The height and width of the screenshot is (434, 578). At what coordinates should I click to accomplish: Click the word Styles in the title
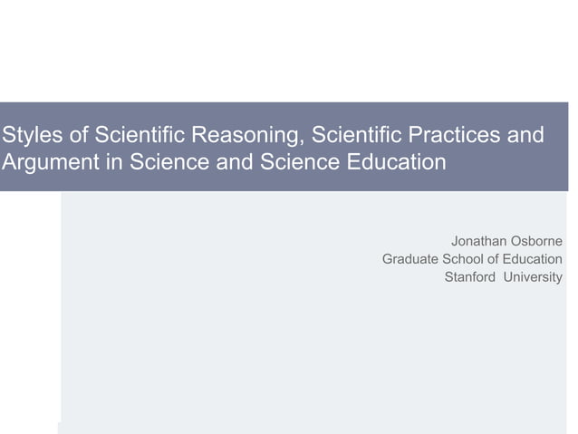tap(28, 136)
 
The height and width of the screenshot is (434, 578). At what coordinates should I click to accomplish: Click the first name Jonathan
tap(479, 241)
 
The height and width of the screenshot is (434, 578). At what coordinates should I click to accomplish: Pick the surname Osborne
tap(537, 241)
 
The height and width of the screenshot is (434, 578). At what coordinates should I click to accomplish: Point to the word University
tap(533, 277)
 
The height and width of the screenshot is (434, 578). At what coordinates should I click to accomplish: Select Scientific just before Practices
tap(356, 136)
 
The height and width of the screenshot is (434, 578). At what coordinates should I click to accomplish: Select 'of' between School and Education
tap(495, 259)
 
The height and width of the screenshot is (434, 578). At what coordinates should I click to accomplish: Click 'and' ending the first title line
tap(525, 136)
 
